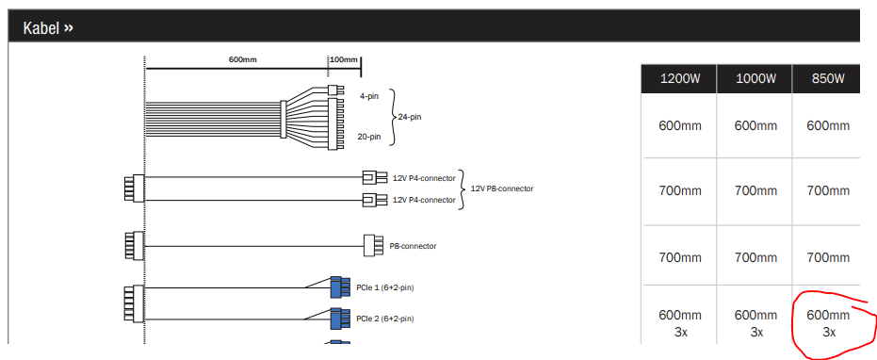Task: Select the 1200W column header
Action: pyautogui.click(x=679, y=79)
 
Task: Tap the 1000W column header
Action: pyautogui.click(x=755, y=79)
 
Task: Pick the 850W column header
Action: pyautogui.click(x=828, y=79)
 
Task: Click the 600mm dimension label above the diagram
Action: pyautogui.click(x=243, y=59)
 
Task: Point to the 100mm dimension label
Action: pyautogui.click(x=344, y=59)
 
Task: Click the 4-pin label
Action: pyautogui.click(x=369, y=96)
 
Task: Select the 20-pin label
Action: pyautogui.click(x=369, y=136)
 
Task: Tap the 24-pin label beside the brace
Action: pyautogui.click(x=410, y=118)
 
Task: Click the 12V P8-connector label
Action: pyautogui.click(x=502, y=188)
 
